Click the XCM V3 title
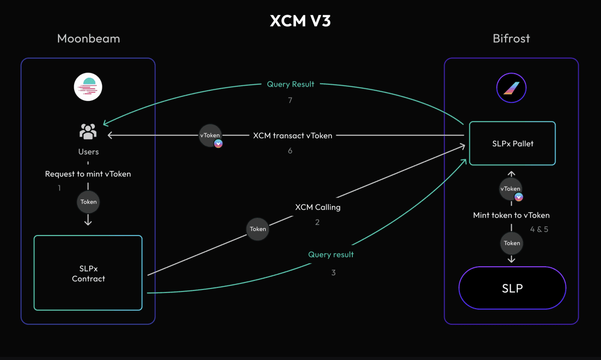point(300,21)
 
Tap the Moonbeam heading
point(88,39)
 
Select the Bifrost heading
point(511,39)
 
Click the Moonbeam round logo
point(88,87)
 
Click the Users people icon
point(88,132)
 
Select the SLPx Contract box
point(88,273)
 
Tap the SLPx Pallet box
point(512,143)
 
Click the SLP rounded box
point(512,288)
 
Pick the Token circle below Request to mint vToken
point(88,202)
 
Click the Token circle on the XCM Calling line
point(258,229)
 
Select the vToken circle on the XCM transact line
point(210,136)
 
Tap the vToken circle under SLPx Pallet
point(510,189)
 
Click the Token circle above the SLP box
point(512,243)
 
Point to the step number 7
point(290,100)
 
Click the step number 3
point(333,273)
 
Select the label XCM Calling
point(318,207)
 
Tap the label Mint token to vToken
point(511,215)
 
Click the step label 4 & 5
point(539,229)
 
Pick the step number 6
point(290,150)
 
